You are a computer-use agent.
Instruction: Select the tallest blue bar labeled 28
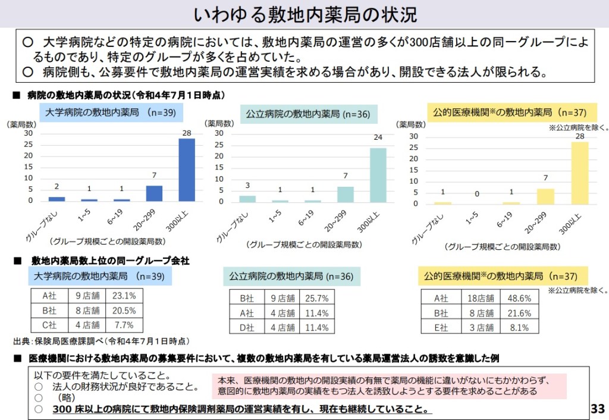(x=187, y=170)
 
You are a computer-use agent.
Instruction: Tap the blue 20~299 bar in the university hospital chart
(x=154, y=193)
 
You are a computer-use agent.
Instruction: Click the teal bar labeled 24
(x=378, y=174)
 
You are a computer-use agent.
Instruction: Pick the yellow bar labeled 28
(x=580, y=173)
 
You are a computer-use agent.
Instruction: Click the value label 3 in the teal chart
(x=248, y=185)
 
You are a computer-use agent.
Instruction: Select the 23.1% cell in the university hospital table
(x=124, y=296)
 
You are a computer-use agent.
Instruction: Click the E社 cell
(x=441, y=327)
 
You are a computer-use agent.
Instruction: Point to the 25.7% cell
(x=316, y=298)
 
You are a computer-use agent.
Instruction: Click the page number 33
(x=597, y=409)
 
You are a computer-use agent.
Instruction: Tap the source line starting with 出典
(x=101, y=341)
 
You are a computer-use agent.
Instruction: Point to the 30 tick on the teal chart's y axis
(x=218, y=133)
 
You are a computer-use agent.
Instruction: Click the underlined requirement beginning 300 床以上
(x=242, y=409)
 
